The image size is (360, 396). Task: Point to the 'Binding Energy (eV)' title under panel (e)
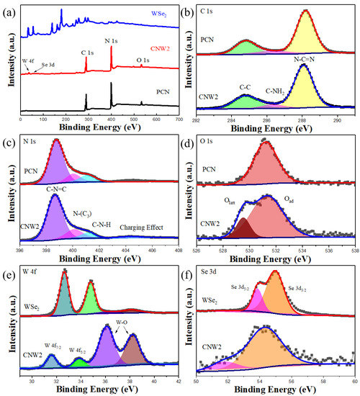tap(100, 390)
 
